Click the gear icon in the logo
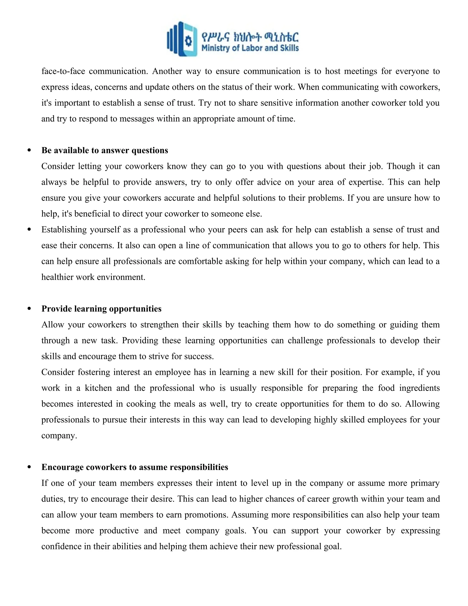[189, 41]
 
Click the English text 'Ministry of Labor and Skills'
[250, 48]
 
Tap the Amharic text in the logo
[250, 36]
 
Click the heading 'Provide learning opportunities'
[101, 309]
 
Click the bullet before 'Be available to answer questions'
[29, 150]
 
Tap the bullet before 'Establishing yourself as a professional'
[29, 229]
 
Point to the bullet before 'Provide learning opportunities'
[29, 309]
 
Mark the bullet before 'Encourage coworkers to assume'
[29, 467]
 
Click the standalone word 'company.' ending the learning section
[59, 436]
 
